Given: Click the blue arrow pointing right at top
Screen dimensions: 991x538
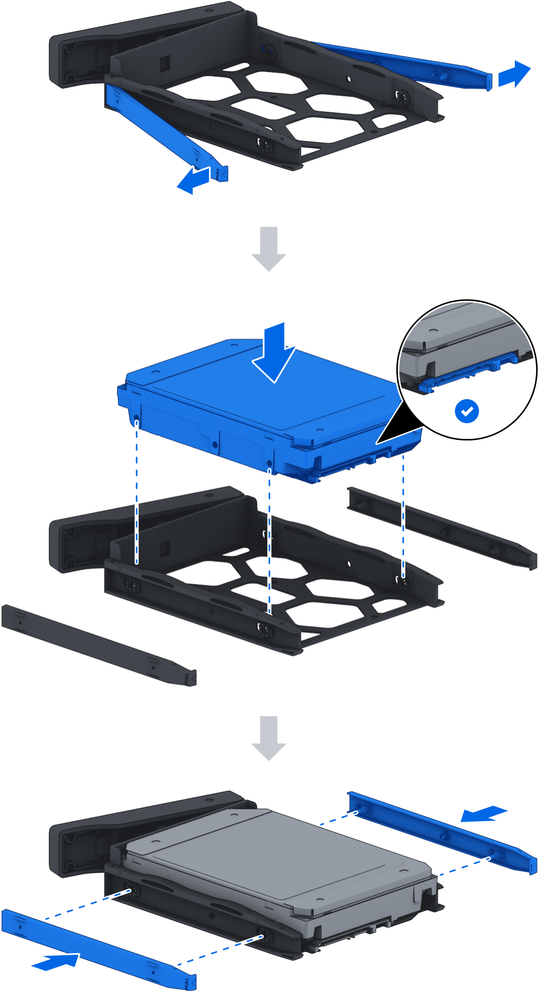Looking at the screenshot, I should point(514,75).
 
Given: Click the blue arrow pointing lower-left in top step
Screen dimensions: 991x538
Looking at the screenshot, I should point(194,181).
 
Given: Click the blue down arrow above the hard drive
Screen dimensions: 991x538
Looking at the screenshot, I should point(274,353).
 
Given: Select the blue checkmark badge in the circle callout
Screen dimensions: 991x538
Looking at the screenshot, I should point(467,411).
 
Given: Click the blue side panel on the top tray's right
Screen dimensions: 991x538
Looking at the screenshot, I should point(403,64).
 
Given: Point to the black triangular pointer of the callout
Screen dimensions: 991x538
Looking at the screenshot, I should point(398,426).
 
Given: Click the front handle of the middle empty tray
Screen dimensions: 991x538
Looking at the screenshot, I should point(76,544).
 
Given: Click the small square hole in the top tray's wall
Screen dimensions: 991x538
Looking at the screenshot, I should point(165,63).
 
